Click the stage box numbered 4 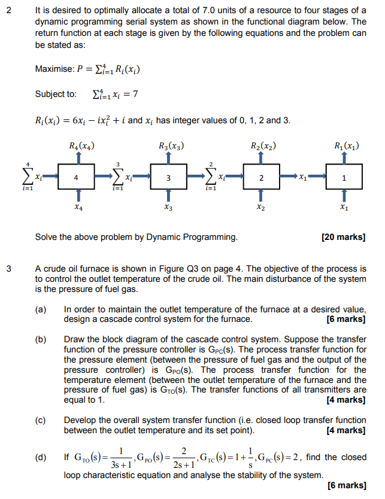coord(76,177)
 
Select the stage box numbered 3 coord(168,177)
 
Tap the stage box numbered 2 coord(261,177)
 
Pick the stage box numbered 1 coord(343,177)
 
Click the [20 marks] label coord(344,238)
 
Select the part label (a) coord(41,309)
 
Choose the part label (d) coord(41,458)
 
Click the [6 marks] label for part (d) coord(347,485)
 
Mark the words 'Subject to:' coord(56,94)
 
